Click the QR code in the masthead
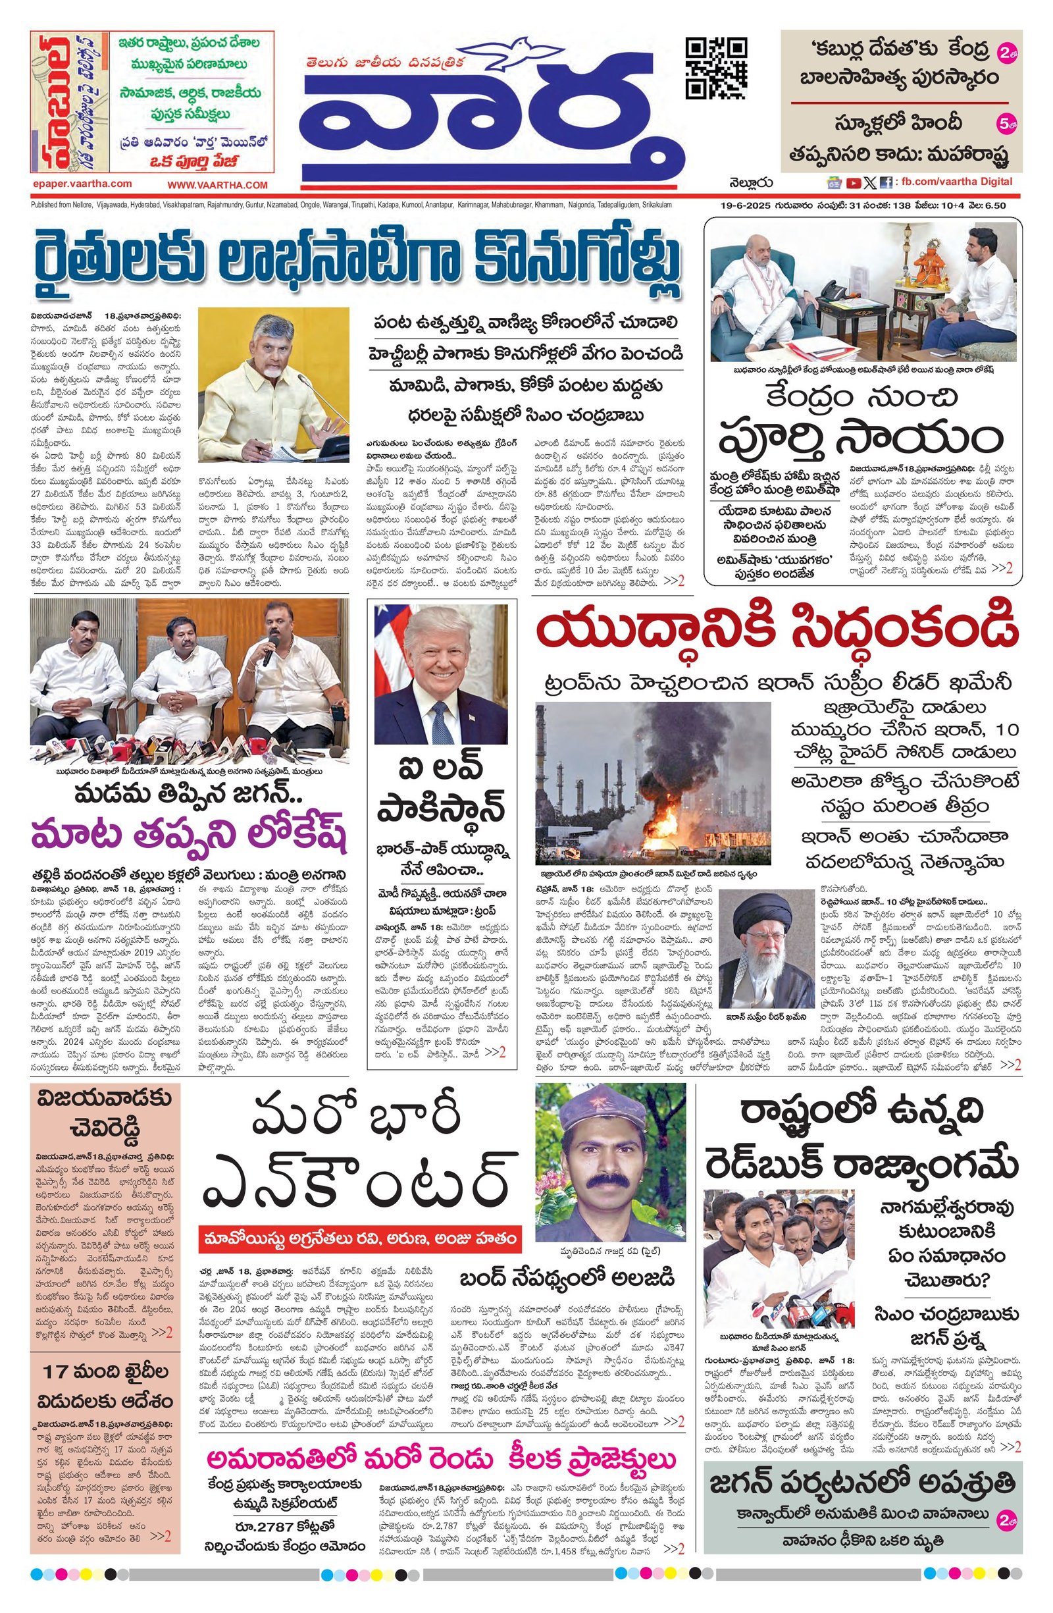coord(716,68)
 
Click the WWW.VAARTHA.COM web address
coord(218,185)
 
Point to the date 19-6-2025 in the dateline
coord(746,205)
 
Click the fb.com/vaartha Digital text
coord(955,182)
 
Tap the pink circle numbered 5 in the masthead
coord(1008,124)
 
